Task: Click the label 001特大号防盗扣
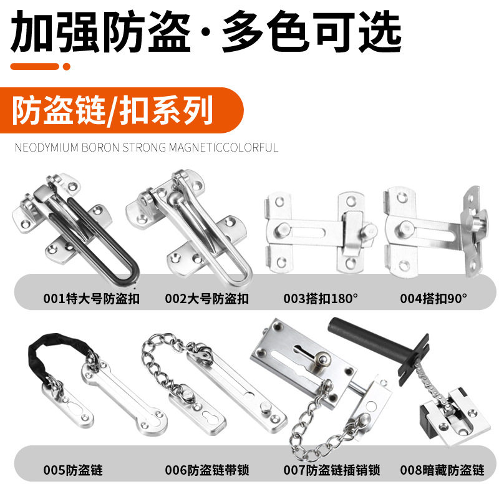91,299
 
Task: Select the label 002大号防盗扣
207,299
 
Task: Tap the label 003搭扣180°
321,299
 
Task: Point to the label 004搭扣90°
434,299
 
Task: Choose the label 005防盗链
73,470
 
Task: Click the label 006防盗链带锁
207,470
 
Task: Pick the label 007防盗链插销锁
332,470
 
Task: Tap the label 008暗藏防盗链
442,470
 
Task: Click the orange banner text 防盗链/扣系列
112,110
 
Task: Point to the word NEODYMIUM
46,147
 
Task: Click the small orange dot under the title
67,67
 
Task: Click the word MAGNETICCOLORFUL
223,147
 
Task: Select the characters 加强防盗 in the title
100,31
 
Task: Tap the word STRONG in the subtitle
144,147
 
